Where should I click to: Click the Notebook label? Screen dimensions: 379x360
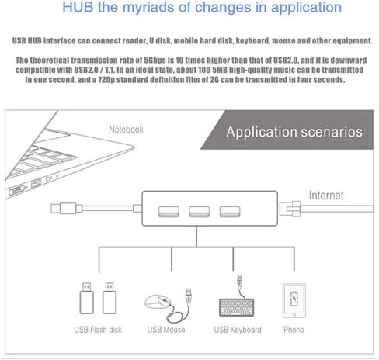[126, 130]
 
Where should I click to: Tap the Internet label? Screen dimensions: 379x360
[326, 196]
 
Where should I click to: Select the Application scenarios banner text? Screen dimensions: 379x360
[294, 132]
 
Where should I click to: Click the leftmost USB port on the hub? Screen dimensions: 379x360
[169, 212]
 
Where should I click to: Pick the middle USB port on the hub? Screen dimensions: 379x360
[200, 212]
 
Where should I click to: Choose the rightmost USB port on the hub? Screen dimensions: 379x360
[230, 212]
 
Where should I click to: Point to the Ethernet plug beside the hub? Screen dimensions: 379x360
[290, 209]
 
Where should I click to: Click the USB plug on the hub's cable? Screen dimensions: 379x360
[67, 209]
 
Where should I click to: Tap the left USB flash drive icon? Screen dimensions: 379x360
[86, 298]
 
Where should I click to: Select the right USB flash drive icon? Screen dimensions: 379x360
[110, 298]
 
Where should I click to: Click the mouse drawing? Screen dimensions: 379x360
[158, 302]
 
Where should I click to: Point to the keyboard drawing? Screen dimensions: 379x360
[237, 307]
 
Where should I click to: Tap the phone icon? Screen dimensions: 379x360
[294, 300]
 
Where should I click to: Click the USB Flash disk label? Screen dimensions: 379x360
[98, 330]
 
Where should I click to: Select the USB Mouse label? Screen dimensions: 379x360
[166, 330]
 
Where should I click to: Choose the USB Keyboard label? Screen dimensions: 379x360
[238, 330]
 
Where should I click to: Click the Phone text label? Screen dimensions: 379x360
[294, 330]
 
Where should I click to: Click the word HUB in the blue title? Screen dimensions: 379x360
[78, 7]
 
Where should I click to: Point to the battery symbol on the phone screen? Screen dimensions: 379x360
[294, 299]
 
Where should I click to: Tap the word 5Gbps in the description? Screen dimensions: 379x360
[155, 61]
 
